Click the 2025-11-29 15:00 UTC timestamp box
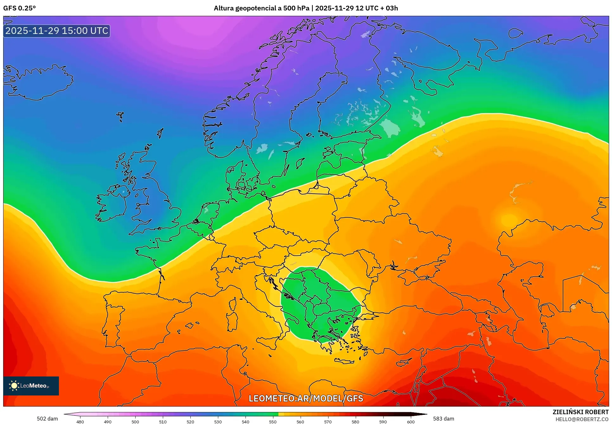pos(57,31)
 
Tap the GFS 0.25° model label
pos(20,8)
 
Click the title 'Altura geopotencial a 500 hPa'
pos(261,8)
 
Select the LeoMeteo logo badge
pos(31,386)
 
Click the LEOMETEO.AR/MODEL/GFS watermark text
pos(306,398)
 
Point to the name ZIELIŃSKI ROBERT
pos(580,412)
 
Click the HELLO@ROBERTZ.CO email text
pos(582,419)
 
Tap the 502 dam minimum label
pos(47,419)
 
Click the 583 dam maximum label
pos(443,419)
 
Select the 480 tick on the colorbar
pos(80,421)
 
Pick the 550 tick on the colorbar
pos(273,421)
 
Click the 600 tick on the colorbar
pos(411,421)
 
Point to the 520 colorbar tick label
pos(190,421)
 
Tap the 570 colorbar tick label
pos(328,421)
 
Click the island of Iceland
pos(38,82)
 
